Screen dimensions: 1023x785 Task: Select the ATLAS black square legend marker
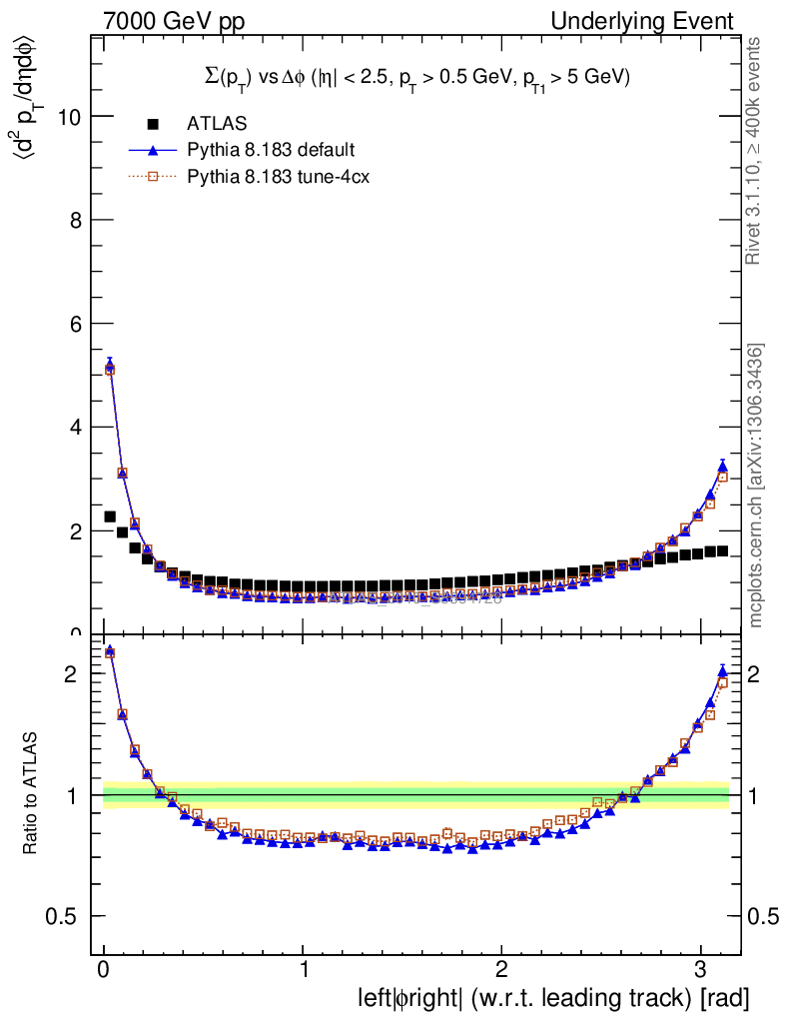click(x=153, y=124)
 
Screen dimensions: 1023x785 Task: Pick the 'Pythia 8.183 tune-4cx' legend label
click(x=279, y=178)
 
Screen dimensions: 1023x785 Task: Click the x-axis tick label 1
click(x=303, y=968)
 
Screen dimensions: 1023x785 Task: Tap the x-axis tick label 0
click(x=104, y=968)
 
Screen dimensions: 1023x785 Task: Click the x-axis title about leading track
click(x=552, y=997)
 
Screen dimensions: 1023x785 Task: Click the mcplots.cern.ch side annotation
click(x=756, y=486)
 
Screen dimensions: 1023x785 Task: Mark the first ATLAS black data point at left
click(x=110, y=516)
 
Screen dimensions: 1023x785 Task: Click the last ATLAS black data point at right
click(x=721, y=550)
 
